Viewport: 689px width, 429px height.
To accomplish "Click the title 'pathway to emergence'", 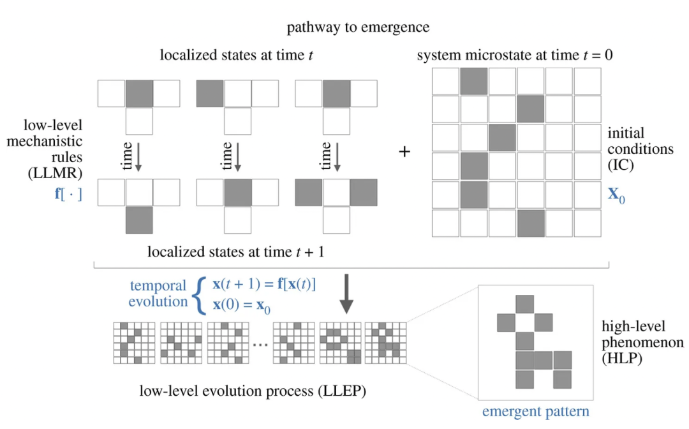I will pos(357,27).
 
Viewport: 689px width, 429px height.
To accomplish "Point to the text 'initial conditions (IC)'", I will pos(640,149).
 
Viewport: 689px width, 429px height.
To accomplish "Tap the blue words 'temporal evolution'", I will pos(158,293).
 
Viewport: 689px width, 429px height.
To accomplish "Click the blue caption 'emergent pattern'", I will pos(535,411).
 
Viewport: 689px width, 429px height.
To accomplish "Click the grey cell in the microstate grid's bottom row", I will pos(531,223).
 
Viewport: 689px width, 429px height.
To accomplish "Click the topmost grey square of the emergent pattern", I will pos(524,304).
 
